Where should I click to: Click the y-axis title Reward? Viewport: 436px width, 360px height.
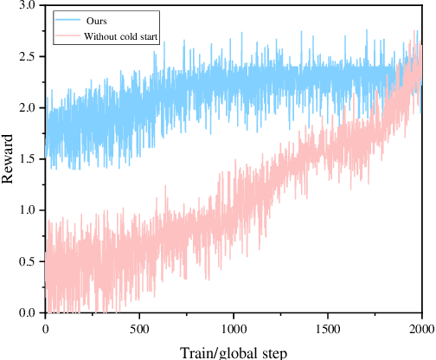(9, 158)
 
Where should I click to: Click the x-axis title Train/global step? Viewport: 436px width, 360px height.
(233, 351)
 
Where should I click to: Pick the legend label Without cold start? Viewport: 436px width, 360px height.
(120, 35)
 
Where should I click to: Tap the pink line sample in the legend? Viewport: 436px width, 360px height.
(67, 35)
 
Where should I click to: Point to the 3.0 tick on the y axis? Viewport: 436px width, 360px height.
(27, 5)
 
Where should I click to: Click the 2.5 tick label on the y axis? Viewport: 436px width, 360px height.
(27, 56)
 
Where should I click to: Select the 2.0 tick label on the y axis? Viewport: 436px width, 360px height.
(27, 107)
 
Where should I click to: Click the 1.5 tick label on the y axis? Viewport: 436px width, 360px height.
(27, 158)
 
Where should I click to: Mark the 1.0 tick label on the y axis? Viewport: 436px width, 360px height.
(27, 210)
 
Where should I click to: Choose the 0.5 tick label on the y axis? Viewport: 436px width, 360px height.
(27, 261)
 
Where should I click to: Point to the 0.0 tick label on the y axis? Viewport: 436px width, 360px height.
(27, 312)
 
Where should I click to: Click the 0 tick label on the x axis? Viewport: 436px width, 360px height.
(45, 329)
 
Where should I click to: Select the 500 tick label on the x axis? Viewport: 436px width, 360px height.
(139, 329)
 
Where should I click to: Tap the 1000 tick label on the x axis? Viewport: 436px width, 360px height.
(233, 329)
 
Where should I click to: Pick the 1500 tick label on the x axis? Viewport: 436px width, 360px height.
(327, 329)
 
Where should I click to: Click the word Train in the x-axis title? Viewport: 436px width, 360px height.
(197, 351)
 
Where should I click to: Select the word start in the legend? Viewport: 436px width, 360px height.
(148, 35)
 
